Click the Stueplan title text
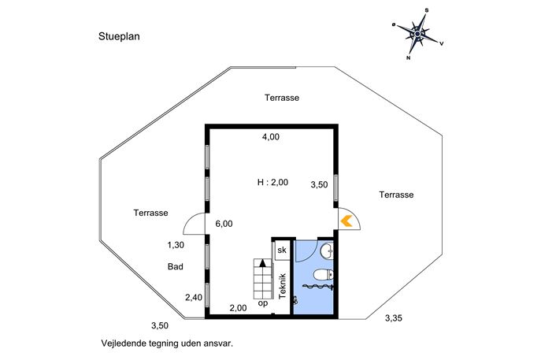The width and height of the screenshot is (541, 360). [119, 36]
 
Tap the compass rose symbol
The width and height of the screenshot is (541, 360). [417, 34]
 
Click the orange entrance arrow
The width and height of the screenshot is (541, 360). [346, 221]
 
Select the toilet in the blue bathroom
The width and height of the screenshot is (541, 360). [324, 276]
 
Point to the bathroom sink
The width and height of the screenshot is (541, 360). [327, 251]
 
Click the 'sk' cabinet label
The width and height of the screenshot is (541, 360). [282, 250]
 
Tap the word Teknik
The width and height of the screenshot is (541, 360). [283, 286]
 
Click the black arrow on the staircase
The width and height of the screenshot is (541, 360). [263, 263]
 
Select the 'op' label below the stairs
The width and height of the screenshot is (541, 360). [263, 304]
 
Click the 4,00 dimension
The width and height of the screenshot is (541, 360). [271, 137]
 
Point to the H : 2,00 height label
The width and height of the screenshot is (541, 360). [272, 182]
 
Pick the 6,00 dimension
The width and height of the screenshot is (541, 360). [224, 224]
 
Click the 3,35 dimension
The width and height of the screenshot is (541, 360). [394, 318]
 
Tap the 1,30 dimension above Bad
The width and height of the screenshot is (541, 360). [176, 245]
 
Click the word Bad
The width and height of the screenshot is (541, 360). [176, 266]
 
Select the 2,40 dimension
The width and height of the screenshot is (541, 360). [194, 297]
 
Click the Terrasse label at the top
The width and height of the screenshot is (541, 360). [282, 98]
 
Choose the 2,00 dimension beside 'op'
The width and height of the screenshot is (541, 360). [239, 308]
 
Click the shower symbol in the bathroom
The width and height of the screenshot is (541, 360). [318, 286]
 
